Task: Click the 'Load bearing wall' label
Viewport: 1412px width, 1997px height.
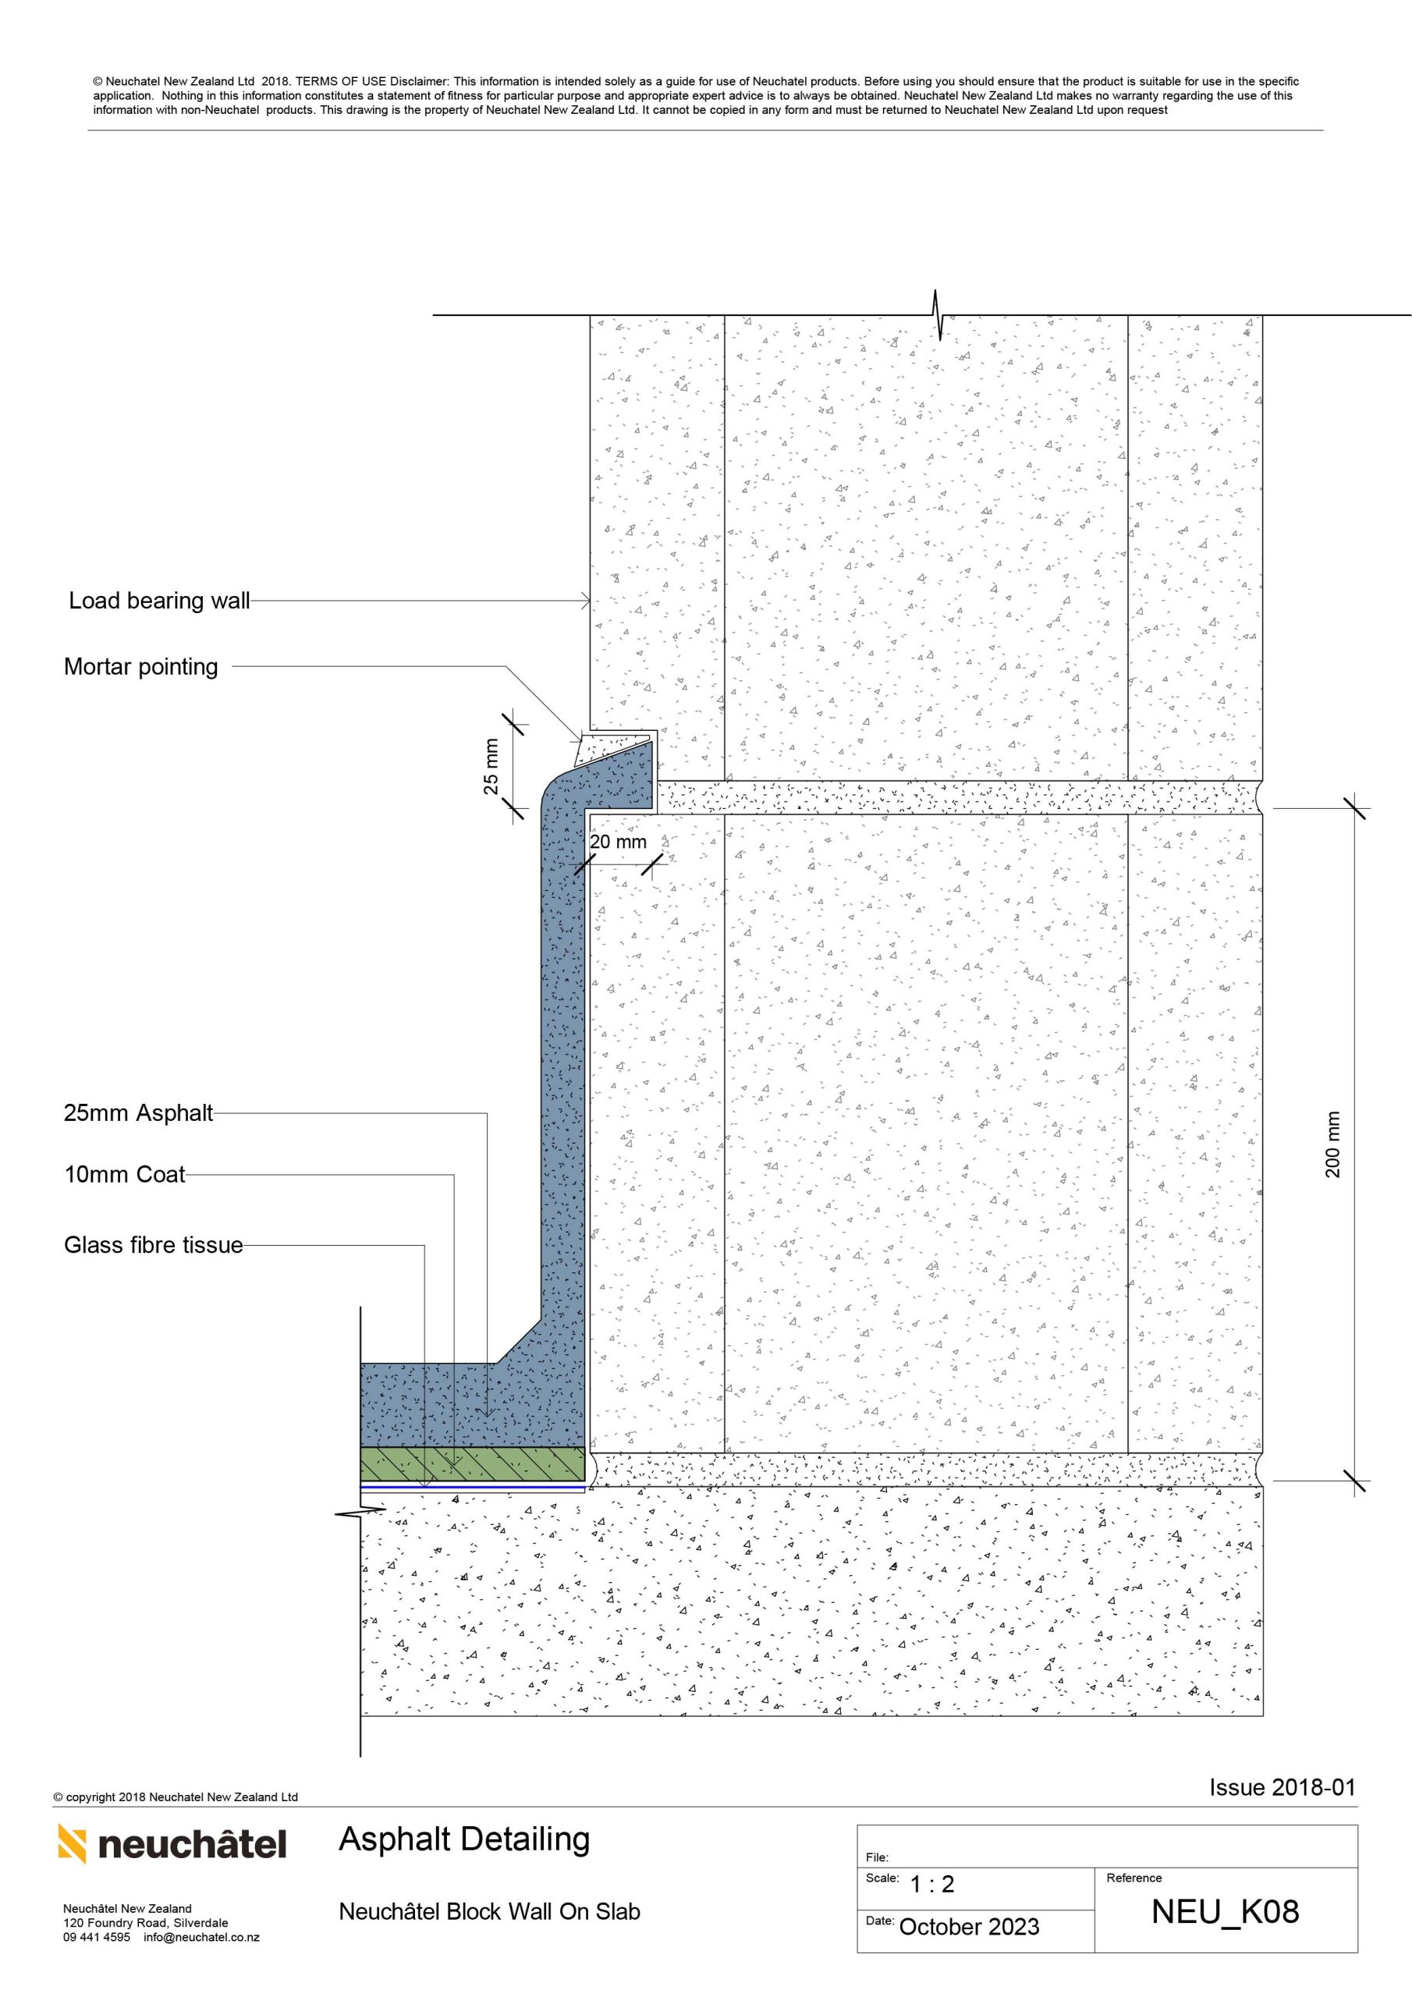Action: (159, 601)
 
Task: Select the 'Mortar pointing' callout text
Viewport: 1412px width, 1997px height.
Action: (141, 667)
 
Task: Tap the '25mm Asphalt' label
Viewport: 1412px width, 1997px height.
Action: (138, 1113)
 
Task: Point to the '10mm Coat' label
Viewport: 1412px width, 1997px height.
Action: (124, 1175)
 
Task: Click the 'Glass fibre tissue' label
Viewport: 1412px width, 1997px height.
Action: (153, 1246)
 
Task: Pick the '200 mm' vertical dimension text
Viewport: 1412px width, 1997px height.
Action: (1333, 1144)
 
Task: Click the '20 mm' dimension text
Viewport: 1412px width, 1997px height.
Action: (618, 842)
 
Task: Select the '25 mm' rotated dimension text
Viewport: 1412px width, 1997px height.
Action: (491, 766)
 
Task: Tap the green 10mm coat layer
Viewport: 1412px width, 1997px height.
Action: (473, 1464)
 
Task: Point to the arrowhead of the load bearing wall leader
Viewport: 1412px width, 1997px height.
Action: (587, 601)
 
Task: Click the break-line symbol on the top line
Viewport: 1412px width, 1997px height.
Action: (937, 315)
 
